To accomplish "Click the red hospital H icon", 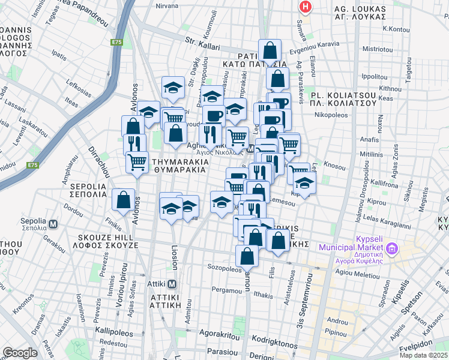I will (306, 7).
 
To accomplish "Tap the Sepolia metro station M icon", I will (53, 224).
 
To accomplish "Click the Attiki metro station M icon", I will (172, 284).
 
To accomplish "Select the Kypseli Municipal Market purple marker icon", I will (393, 247).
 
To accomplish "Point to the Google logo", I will (20, 352).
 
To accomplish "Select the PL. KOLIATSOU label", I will (343, 98).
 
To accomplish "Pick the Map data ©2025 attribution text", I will (423, 355).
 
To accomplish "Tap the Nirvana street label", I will (166, 5).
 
